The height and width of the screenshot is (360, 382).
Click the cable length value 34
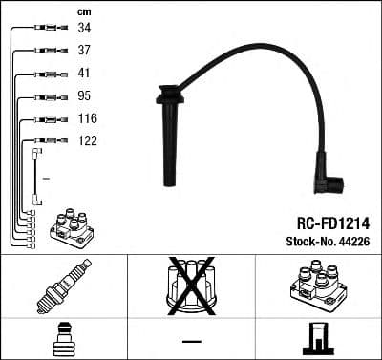84,29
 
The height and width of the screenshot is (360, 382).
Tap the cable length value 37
84,51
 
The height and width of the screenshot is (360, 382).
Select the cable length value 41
84,74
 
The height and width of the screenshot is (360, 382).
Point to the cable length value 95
84,96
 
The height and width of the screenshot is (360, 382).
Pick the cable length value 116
87,118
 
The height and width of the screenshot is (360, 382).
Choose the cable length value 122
87,140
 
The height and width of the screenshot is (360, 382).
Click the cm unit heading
83,11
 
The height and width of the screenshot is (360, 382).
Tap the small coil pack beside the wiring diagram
73,228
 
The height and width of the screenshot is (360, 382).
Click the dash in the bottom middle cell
191,339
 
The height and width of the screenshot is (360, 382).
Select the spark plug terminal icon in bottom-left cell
63,338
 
